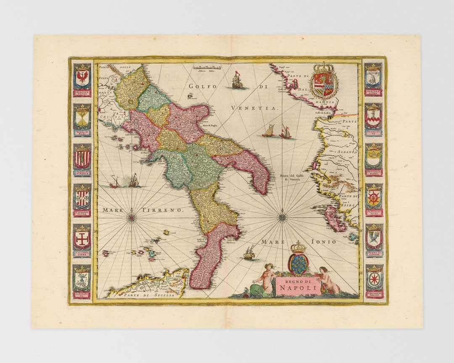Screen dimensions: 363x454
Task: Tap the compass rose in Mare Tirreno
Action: pos(132,217)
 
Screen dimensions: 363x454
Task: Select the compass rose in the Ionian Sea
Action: pos(282,217)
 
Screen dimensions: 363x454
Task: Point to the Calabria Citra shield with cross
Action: pos(82,239)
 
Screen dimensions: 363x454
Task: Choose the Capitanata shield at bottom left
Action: pos(82,279)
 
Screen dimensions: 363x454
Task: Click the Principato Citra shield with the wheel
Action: pos(373,198)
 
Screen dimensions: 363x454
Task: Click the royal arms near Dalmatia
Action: pos(323,81)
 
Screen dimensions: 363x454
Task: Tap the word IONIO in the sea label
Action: pos(324,242)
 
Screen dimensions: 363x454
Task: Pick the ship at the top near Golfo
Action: pos(238,81)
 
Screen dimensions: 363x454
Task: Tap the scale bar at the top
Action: pos(207,67)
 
